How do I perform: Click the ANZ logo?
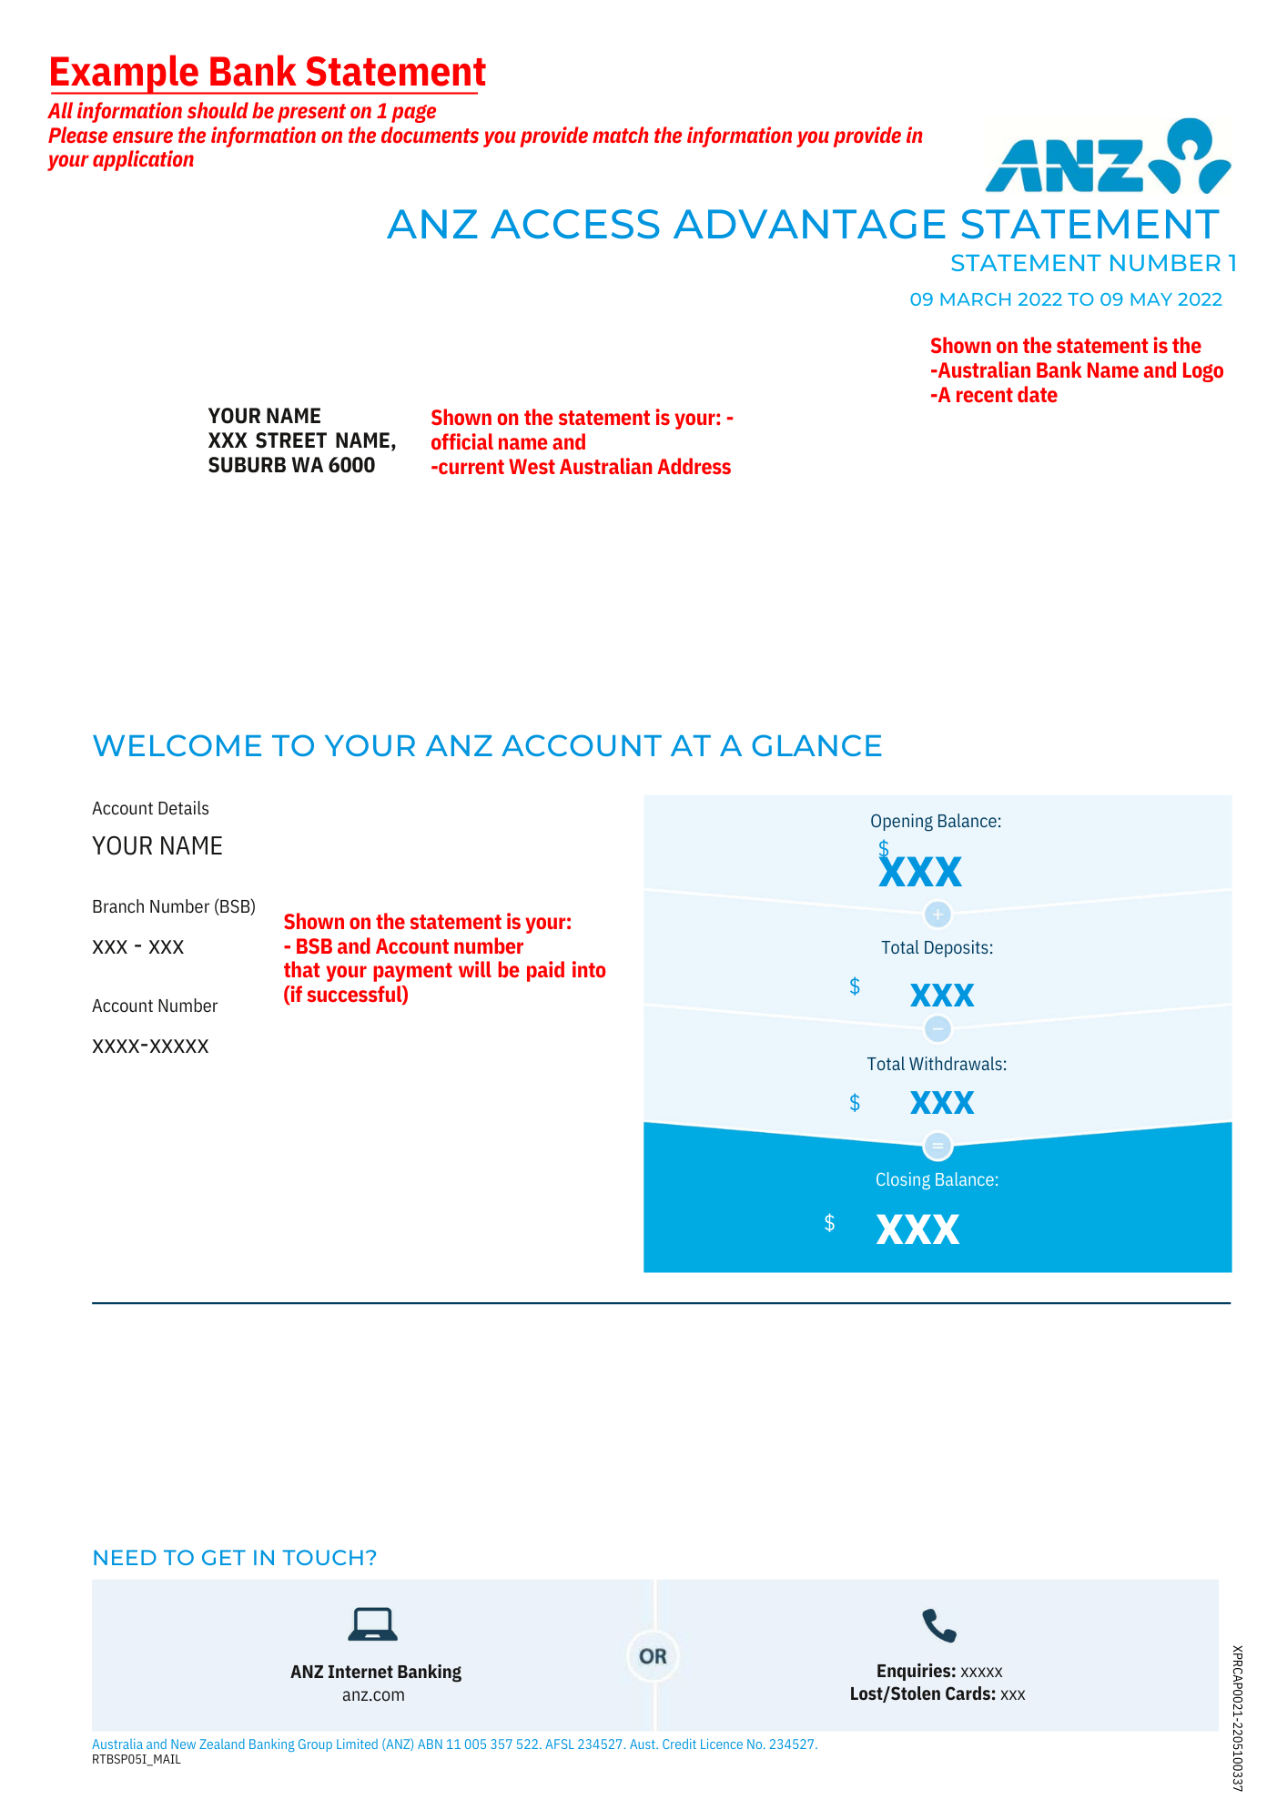(x=1108, y=157)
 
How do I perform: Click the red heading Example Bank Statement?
(x=267, y=72)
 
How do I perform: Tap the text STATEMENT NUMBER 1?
(x=1093, y=263)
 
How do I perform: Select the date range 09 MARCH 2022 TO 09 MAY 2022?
(x=1066, y=299)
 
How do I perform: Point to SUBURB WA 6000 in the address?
(x=291, y=465)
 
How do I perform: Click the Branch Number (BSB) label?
(x=174, y=906)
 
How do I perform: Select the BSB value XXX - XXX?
(x=138, y=947)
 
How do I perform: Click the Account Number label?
(x=155, y=1006)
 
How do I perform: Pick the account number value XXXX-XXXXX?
(x=150, y=1046)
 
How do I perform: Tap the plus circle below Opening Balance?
(x=937, y=914)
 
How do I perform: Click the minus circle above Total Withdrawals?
(x=937, y=1029)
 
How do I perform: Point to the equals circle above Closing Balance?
(x=937, y=1145)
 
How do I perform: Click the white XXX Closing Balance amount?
(x=917, y=1229)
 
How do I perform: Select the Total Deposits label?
(x=937, y=947)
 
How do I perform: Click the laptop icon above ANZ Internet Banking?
(x=373, y=1624)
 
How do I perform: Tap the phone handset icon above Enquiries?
(x=938, y=1625)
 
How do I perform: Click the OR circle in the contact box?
(x=654, y=1656)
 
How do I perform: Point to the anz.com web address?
(x=373, y=1695)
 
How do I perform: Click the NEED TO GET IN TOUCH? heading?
(x=235, y=1558)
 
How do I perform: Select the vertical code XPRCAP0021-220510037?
(x=1237, y=1718)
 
